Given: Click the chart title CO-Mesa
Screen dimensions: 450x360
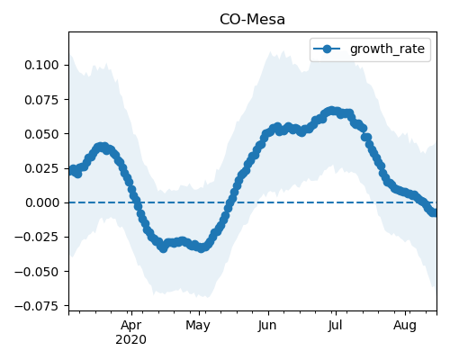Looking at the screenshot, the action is tap(252, 20).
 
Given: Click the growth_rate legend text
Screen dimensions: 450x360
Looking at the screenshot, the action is tap(387, 49).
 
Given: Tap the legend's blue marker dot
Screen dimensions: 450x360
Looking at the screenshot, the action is tap(327, 49).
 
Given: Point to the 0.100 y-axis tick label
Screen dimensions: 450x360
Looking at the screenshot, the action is tap(41, 65).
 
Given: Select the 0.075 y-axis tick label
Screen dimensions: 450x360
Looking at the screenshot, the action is tap(41, 100).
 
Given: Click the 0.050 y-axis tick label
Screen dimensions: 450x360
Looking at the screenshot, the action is tap(41, 134).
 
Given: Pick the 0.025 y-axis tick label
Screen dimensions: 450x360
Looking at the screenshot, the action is tap(41, 168).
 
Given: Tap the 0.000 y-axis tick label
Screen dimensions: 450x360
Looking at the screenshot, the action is tap(41, 202).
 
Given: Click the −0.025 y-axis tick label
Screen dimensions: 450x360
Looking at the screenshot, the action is tap(36, 237).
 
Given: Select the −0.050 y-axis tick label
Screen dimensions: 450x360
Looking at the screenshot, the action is tap(36, 272).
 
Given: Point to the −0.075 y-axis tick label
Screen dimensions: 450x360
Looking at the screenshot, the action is tap(36, 306).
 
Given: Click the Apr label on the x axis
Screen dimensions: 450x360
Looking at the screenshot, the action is tap(131, 326).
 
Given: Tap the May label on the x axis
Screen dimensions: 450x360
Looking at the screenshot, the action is tap(198, 326).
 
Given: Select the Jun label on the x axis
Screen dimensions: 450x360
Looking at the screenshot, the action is tap(267, 326).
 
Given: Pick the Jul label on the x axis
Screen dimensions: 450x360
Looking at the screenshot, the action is tap(335, 326).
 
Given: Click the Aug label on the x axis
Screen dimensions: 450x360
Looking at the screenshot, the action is tap(405, 326).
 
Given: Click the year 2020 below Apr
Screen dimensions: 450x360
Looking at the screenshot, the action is tap(131, 339).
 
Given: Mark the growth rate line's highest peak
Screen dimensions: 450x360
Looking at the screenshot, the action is tap(331, 111).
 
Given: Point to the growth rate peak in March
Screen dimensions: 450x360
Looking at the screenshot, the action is tap(103, 147).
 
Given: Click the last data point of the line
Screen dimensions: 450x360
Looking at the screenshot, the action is tap(434, 212).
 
